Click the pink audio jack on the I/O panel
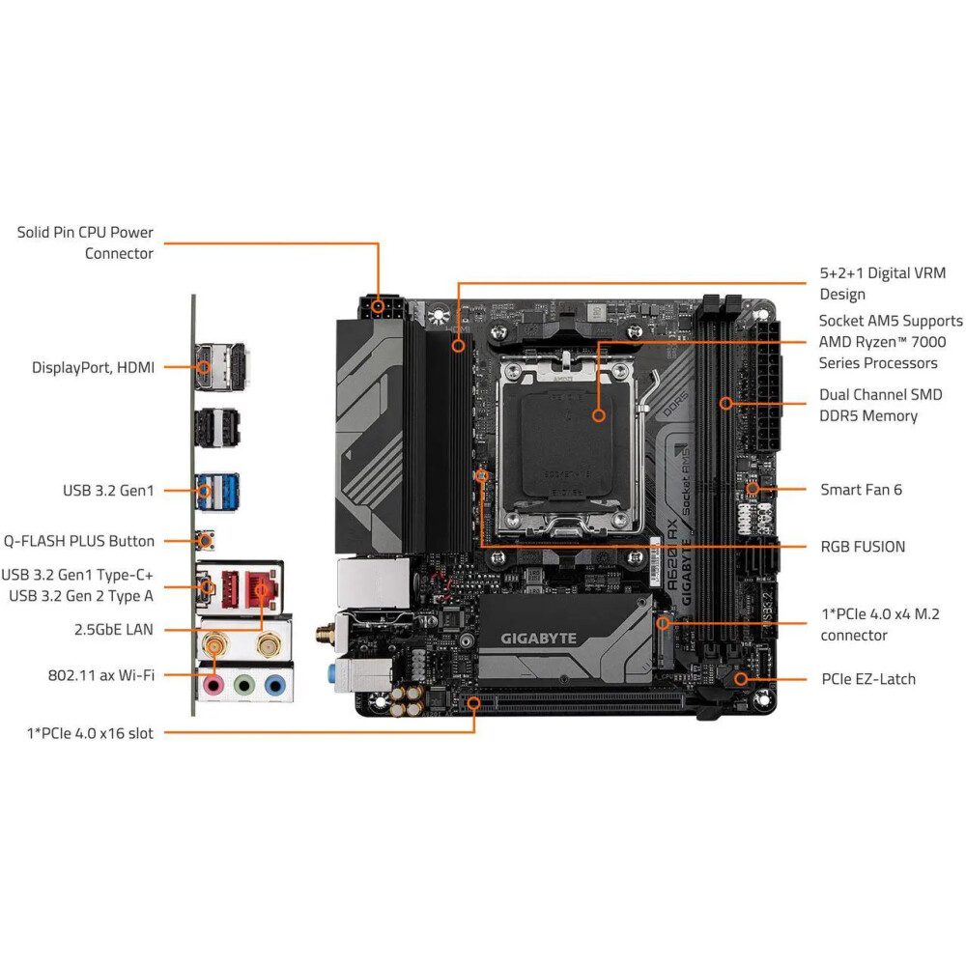[213, 684]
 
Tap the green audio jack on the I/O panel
[244, 685]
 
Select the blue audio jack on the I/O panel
[274, 685]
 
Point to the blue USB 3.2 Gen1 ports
[217, 491]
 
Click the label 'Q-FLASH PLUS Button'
[79, 541]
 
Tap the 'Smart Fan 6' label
[861, 490]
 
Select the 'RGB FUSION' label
[863, 547]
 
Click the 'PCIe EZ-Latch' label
[868, 679]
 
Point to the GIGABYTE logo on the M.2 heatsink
[538, 639]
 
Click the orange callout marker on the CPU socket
[598, 415]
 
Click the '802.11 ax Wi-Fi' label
[101, 675]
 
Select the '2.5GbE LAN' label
[113, 630]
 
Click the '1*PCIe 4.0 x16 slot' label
[90, 733]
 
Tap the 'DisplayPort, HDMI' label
[93, 367]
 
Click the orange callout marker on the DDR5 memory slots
[726, 404]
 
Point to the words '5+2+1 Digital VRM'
[882, 273]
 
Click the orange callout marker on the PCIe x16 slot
[473, 703]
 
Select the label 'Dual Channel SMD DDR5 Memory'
[880, 406]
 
